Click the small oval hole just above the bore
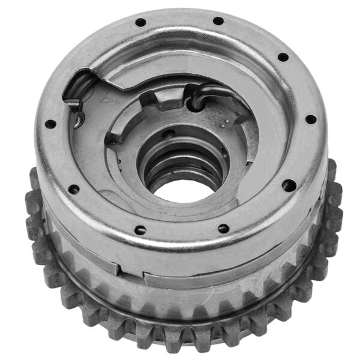click(x=172, y=134)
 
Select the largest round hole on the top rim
click(x=289, y=185)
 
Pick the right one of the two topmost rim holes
click(x=218, y=21)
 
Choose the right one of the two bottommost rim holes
click(x=223, y=229)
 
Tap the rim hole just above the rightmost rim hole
click(x=282, y=58)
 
